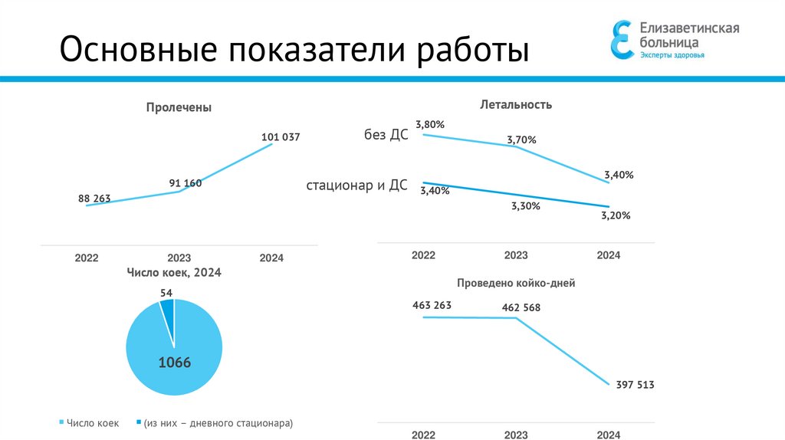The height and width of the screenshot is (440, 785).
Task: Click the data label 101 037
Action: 281,137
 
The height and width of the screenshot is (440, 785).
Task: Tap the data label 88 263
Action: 94,199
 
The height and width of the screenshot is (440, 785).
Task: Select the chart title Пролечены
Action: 179,108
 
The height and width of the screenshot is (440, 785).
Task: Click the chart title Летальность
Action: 516,104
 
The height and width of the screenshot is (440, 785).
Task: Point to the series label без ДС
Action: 386,135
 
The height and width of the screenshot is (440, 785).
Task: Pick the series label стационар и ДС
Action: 356,186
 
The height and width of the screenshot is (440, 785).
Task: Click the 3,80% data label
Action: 430,124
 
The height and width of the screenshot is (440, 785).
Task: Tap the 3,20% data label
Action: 616,215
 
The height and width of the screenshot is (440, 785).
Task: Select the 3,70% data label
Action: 521,140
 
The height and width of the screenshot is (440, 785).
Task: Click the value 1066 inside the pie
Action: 174,363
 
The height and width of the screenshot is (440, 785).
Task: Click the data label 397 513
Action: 635,385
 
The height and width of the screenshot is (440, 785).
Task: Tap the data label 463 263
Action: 432,305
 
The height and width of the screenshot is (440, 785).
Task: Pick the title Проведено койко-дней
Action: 516,283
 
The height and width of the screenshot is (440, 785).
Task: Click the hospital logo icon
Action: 622,39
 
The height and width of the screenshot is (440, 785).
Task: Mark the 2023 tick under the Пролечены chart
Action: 179,258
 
